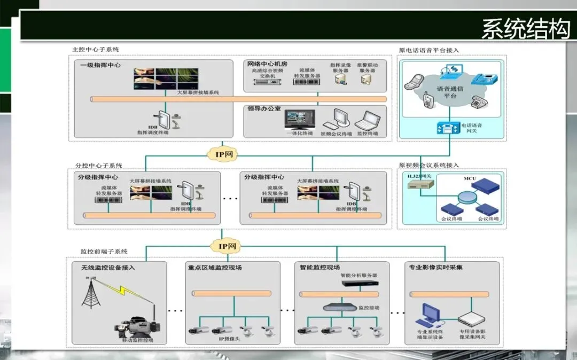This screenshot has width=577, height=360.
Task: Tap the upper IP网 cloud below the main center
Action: click(x=224, y=154)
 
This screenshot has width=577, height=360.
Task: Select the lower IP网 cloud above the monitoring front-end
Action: click(x=224, y=246)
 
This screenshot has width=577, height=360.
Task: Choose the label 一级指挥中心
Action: click(x=100, y=65)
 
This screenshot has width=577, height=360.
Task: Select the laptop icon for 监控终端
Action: click(x=367, y=120)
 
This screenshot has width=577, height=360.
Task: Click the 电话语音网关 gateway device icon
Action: click(x=448, y=128)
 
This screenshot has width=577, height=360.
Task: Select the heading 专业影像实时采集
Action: click(x=435, y=267)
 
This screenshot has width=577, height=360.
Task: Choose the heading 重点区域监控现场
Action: click(x=215, y=267)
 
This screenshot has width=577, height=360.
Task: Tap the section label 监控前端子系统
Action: click(x=104, y=251)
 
